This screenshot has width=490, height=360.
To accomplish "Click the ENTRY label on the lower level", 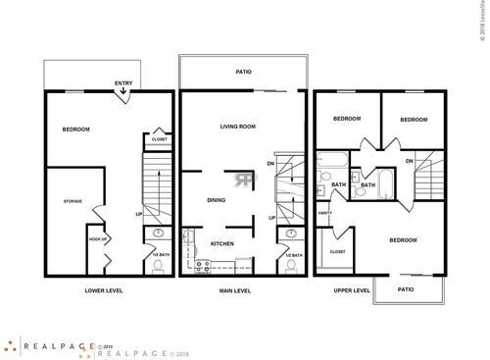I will tap(123, 83).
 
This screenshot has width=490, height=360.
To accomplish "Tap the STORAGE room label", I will tap(73, 202).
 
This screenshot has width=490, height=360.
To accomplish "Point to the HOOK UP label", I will tap(98, 239).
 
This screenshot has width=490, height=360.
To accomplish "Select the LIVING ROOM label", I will tap(237, 127).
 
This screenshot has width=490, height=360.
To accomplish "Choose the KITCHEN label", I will tap(221, 243).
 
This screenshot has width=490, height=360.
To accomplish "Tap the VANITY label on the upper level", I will tap(324, 213).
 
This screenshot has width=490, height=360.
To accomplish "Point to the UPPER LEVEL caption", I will tap(352, 291).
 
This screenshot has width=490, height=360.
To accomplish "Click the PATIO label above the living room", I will tap(244, 72).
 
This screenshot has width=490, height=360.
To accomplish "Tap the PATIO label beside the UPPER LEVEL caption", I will tap(407, 290).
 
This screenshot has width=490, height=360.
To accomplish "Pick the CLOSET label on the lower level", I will tap(159, 139).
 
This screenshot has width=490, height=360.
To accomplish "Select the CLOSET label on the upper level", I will tap(337, 251).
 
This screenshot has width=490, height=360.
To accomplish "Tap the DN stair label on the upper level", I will tap(410, 161).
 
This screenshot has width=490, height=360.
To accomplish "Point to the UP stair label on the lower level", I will tap(138, 214).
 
